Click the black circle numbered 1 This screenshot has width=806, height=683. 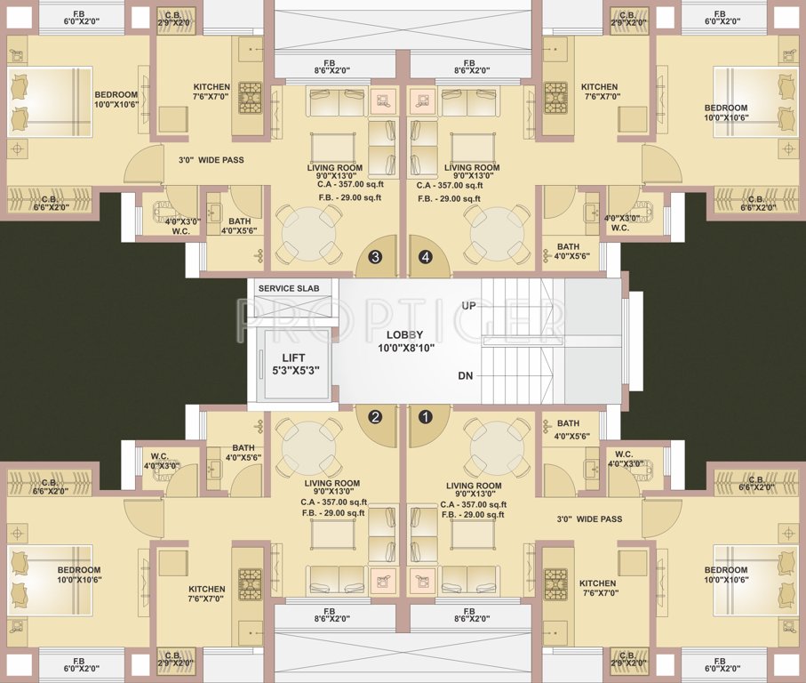[x=426, y=415]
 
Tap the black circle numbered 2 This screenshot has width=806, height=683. [x=376, y=415]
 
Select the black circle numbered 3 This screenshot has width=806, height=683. [x=376, y=257]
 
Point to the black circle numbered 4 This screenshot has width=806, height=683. [x=426, y=257]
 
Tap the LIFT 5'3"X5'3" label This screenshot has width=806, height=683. [x=292, y=363]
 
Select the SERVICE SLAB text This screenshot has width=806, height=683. [x=289, y=288]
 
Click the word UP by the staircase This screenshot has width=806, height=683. [x=468, y=306]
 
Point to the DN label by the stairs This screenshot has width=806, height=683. [x=465, y=376]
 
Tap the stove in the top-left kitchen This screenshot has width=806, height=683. [x=249, y=94]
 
